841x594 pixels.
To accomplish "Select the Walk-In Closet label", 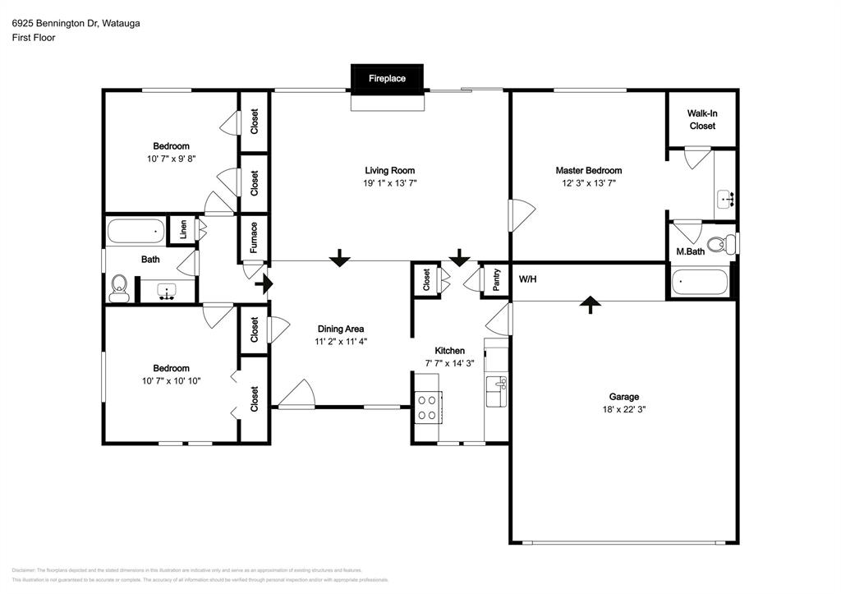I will point(701,120).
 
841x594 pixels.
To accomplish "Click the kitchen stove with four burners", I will point(427,407).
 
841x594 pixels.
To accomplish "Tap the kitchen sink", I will point(496,389).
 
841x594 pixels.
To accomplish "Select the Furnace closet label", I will point(254,237).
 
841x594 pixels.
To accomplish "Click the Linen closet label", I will point(183,230).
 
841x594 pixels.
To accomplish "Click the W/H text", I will point(527,278).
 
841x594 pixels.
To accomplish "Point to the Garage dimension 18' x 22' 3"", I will point(623,409).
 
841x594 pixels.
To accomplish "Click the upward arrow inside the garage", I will point(589,305).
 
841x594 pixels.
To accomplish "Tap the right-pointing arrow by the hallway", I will point(264,285).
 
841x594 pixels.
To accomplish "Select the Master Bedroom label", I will point(589,170).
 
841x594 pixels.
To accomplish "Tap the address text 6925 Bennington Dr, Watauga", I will point(76,24).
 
